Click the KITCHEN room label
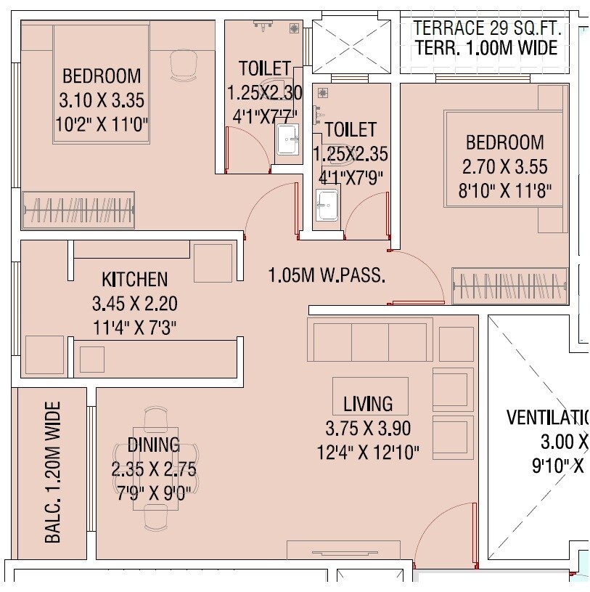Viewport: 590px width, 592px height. point(134,279)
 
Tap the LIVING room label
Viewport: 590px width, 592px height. point(368,404)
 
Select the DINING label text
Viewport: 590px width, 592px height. point(153,445)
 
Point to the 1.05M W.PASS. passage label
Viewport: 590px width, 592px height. point(326,276)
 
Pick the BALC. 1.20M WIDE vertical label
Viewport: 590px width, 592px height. point(53,472)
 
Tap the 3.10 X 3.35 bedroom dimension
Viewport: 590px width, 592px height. point(102,101)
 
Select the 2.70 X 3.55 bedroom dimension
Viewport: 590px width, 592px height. point(504,167)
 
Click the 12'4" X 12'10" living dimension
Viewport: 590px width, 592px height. point(368,452)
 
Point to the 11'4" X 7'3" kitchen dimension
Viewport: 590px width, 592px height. point(134,326)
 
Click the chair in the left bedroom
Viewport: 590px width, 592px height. point(183,66)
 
